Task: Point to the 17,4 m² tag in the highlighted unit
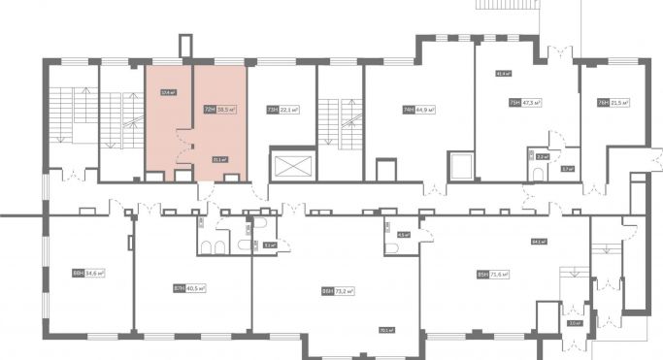coord(167,93)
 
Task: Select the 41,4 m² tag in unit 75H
coord(504,73)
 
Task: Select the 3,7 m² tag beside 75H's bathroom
coord(567,169)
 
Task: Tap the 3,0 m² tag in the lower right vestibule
coord(575,323)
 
